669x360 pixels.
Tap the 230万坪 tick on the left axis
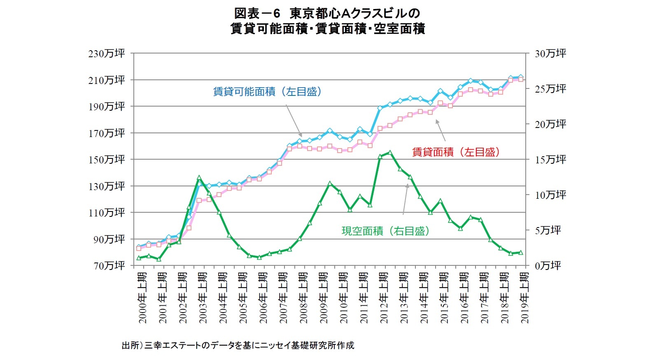[106, 53]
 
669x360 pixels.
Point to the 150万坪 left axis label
[106, 160]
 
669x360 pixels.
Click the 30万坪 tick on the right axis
[550, 53]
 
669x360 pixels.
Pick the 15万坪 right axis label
[550, 160]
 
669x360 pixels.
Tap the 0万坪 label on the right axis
[548, 266]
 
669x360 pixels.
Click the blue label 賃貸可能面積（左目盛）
[267, 91]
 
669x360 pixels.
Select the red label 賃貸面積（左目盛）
[456, 152]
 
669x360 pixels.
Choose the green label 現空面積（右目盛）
[385, 231]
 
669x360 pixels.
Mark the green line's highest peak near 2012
[389, 152]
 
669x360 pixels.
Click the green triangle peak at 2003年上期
[199, 178]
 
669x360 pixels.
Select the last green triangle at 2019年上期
[520, 253]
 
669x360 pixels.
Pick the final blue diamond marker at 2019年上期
[520, 77]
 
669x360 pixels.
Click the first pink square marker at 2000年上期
[138, 249]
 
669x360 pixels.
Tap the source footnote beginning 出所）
[238, 345]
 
